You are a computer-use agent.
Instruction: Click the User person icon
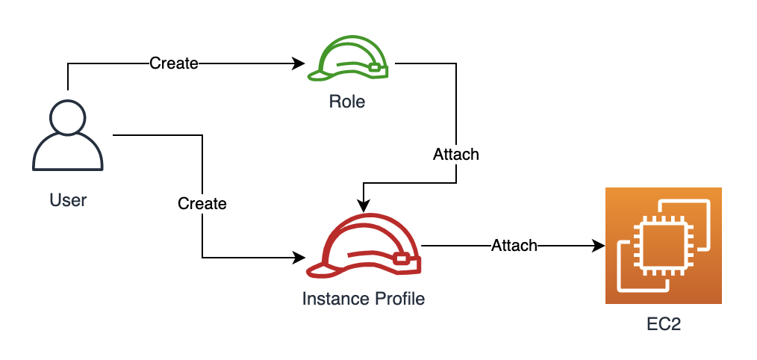coord(67,139)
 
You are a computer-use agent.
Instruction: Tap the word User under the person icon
coord(68,200)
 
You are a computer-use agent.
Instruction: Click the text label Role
coord(347,102)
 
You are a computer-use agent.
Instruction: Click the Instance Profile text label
coord(363,299)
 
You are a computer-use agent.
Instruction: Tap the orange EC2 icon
coord(663,246)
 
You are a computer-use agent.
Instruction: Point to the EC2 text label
coord(664,325)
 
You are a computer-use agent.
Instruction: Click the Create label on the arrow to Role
coord(173,63)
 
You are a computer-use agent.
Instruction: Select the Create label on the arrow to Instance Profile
coord(202,203)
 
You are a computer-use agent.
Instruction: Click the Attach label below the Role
coord(455,155)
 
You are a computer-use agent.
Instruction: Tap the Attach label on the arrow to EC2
coord(514,245)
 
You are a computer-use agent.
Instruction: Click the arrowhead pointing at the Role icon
coord(299,64)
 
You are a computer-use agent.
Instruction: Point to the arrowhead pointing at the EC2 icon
coord(598,245)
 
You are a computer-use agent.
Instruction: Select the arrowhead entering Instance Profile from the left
coord(299,258)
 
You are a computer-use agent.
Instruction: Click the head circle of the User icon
coord(67,119)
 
